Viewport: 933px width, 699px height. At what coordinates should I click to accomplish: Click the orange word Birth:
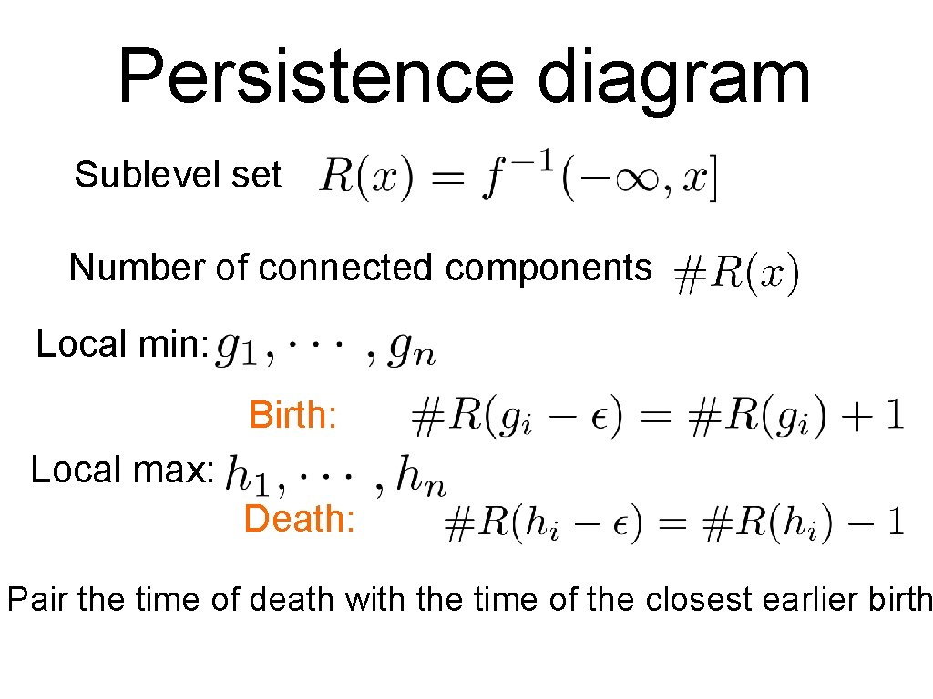point(293,416)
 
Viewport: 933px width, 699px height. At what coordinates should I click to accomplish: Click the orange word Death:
point(299,520)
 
